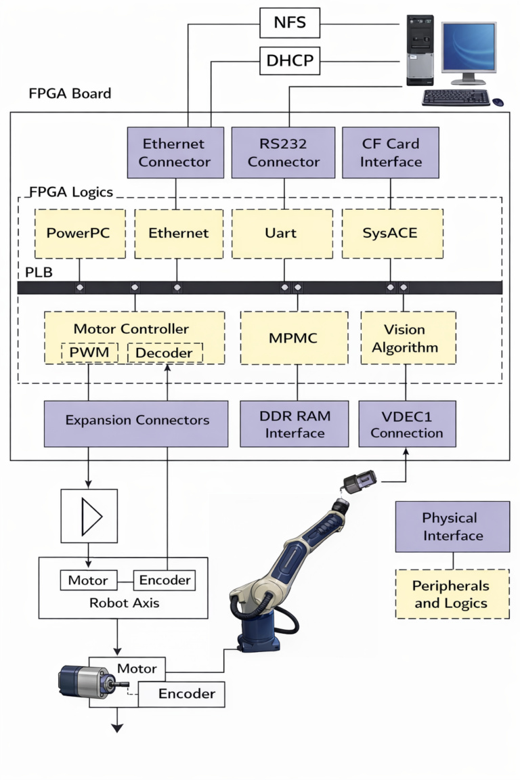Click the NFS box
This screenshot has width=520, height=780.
(289, 23)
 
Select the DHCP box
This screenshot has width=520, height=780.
(289, 62)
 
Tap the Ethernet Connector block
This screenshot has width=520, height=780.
(175, 153)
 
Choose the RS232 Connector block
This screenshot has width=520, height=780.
(283, 153)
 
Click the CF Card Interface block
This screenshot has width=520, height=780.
(390, 153)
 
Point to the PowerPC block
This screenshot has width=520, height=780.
(79, 234)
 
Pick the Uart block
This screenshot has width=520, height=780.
(282, 234)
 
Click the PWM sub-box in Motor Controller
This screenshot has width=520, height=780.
(89, 353)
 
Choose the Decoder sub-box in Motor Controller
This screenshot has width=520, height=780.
(164, 353)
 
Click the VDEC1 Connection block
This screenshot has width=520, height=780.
(407, 424)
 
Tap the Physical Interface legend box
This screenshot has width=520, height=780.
(452, 527)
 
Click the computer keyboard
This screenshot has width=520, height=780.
(456, 97)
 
